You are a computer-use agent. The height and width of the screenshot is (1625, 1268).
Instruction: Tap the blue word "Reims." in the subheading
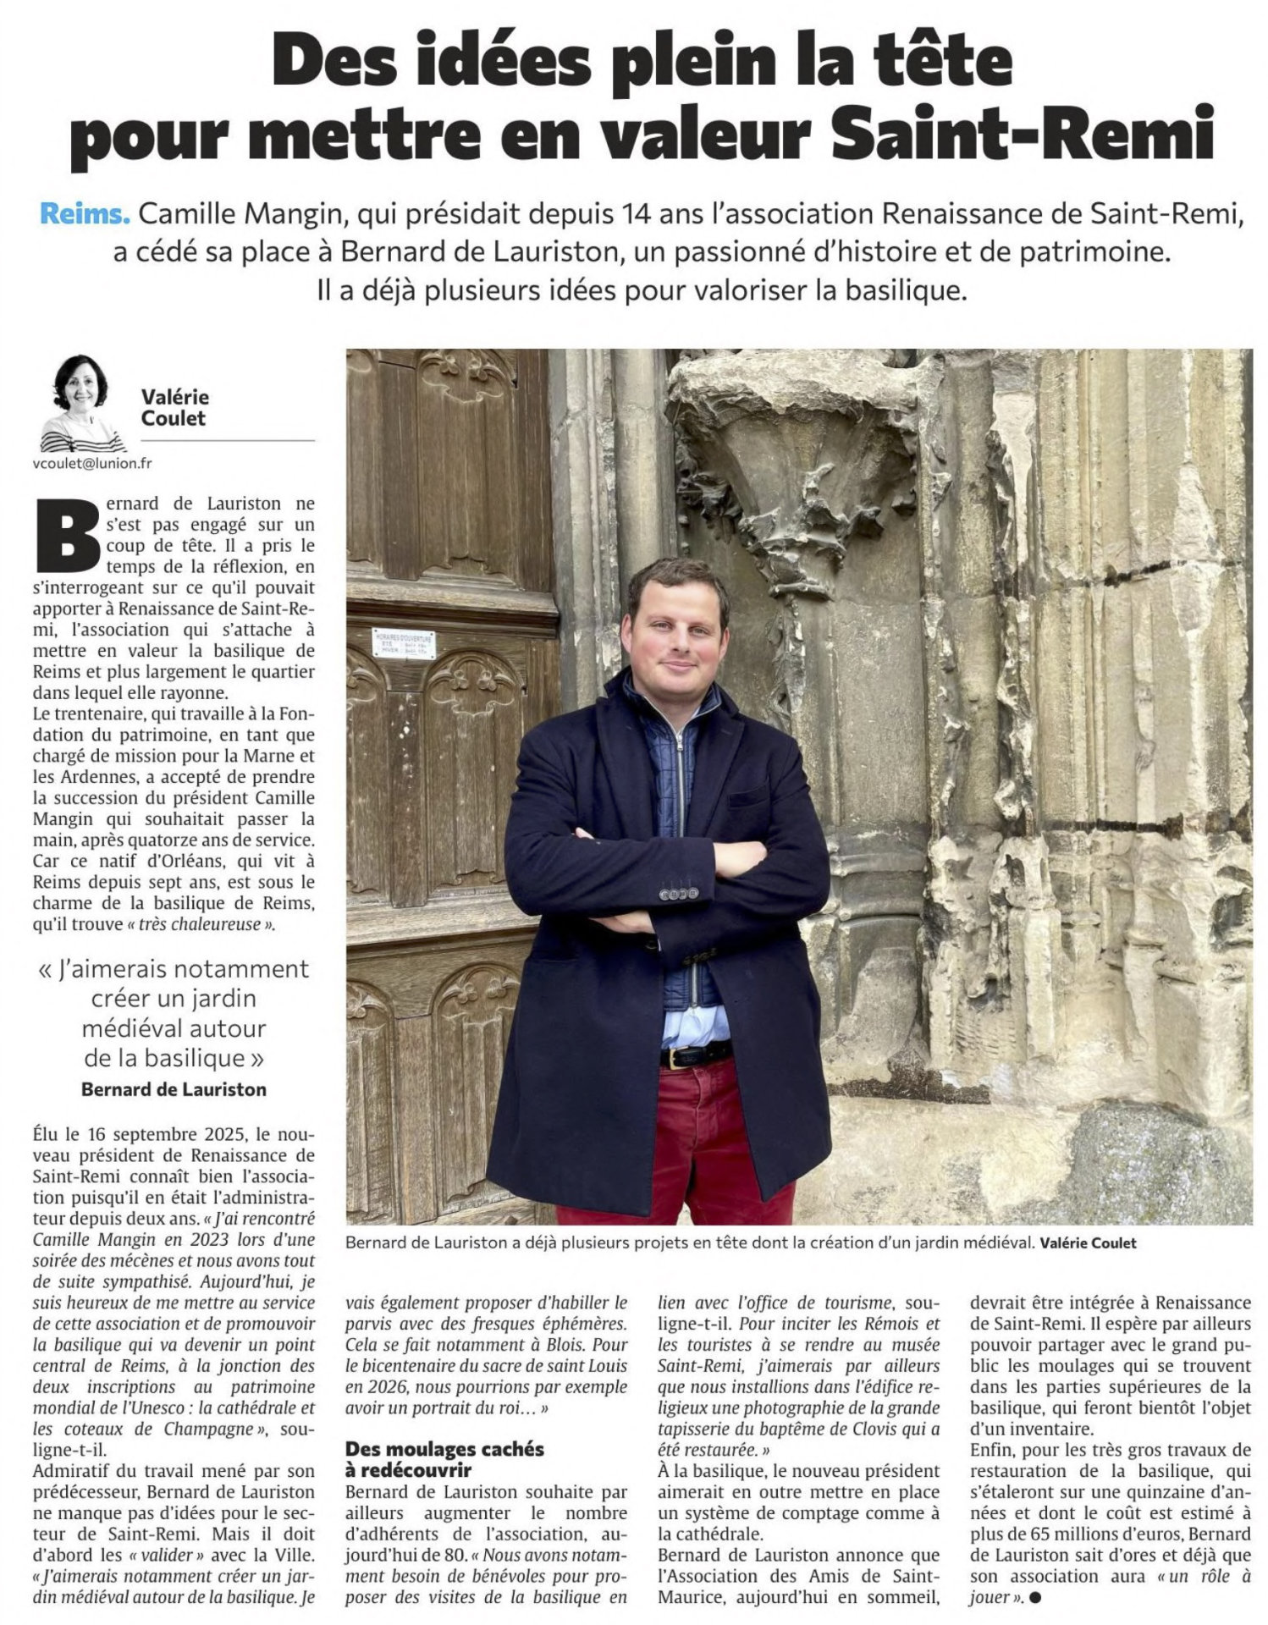[85, 214]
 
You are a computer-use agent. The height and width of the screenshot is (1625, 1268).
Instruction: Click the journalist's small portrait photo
[81, 403]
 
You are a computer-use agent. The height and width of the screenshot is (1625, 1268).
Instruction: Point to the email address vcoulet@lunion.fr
[93, 464]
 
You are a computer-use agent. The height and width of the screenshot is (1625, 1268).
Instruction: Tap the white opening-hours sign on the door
[404, 644]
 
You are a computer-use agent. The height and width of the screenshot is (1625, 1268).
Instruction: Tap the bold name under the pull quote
[174, 1089]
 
